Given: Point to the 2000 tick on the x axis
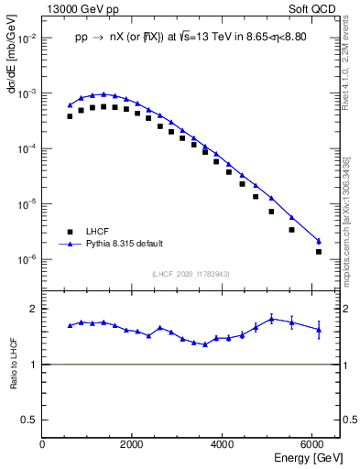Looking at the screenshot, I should (x=132, y=444).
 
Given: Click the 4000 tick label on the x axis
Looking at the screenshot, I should (x=223, y=444).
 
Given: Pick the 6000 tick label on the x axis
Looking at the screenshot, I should (x=313, y=444).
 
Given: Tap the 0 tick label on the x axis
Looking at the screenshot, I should (x=42, y=444).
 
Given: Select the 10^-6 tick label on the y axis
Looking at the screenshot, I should (x=26, y=259).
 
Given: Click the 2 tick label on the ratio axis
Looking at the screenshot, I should (x=34, y=309).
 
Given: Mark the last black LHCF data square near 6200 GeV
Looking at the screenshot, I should (x=319, y=251).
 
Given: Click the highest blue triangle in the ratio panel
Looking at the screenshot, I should (x=272, y=319).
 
